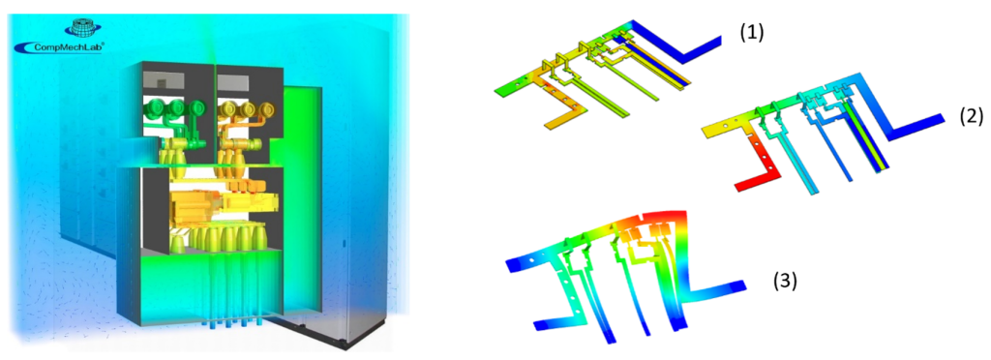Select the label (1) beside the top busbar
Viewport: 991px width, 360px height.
coord(752,32)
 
